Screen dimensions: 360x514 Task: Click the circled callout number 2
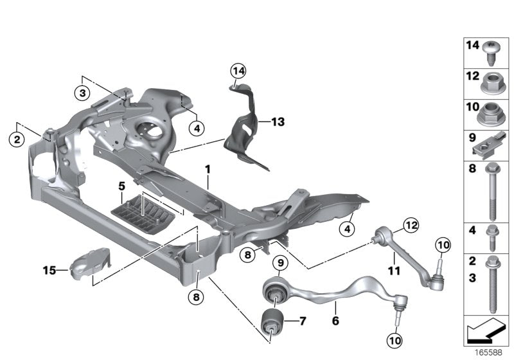tap(17, 138)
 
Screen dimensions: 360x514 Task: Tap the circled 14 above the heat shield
tap(238, 70)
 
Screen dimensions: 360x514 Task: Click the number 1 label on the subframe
tap(208, 169)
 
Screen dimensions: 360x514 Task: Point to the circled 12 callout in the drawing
tap(409, 225)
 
